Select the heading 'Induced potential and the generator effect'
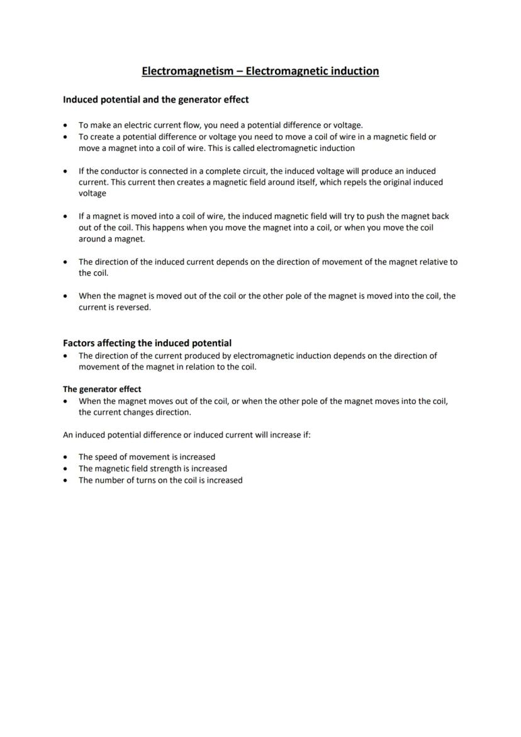pos(155,99)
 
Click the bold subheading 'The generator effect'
pos(102,389)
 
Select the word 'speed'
pos(108,457)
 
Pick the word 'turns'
pos(146,480)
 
